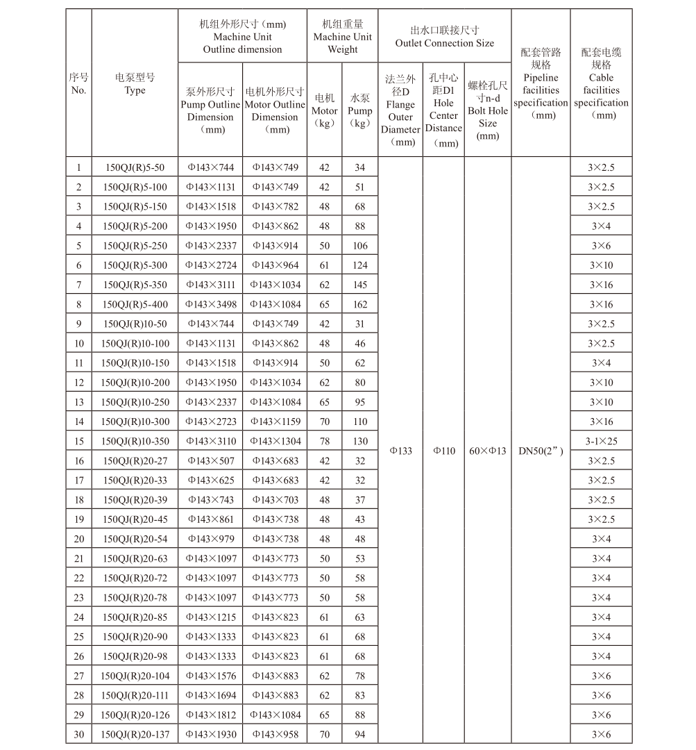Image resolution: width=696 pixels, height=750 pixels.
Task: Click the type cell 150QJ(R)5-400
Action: click(135, 304)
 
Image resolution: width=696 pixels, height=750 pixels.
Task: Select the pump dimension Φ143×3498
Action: click(210, 304)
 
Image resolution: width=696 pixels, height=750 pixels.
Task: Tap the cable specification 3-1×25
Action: click(601, 441)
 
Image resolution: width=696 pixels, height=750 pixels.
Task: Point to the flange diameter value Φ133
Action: click(400, 451)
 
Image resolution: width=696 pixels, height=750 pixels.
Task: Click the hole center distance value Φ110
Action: click(443, 451)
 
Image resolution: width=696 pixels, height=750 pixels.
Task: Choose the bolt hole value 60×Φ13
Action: click(488, 451)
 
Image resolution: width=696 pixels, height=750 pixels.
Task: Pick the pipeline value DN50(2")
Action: click(541, 451)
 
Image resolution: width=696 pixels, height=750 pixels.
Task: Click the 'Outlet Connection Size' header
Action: click(444, 37)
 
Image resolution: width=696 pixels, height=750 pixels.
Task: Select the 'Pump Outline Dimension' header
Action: click(210, 110)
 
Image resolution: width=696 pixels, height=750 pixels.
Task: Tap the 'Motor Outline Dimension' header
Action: click(275, 110)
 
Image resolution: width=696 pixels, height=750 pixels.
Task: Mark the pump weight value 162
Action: click(359, 304)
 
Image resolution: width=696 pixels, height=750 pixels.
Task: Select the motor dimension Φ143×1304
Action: click(275, 441)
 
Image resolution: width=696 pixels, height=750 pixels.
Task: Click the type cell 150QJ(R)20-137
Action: click(135, 734)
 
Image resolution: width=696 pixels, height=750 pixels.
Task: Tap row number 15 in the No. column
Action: click(79, 441)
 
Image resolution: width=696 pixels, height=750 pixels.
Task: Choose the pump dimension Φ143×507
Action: click(210, 460)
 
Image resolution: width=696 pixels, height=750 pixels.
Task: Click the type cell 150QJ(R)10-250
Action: click(135, 402)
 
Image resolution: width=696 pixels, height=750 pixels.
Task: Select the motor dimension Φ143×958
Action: click(275, 734)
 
